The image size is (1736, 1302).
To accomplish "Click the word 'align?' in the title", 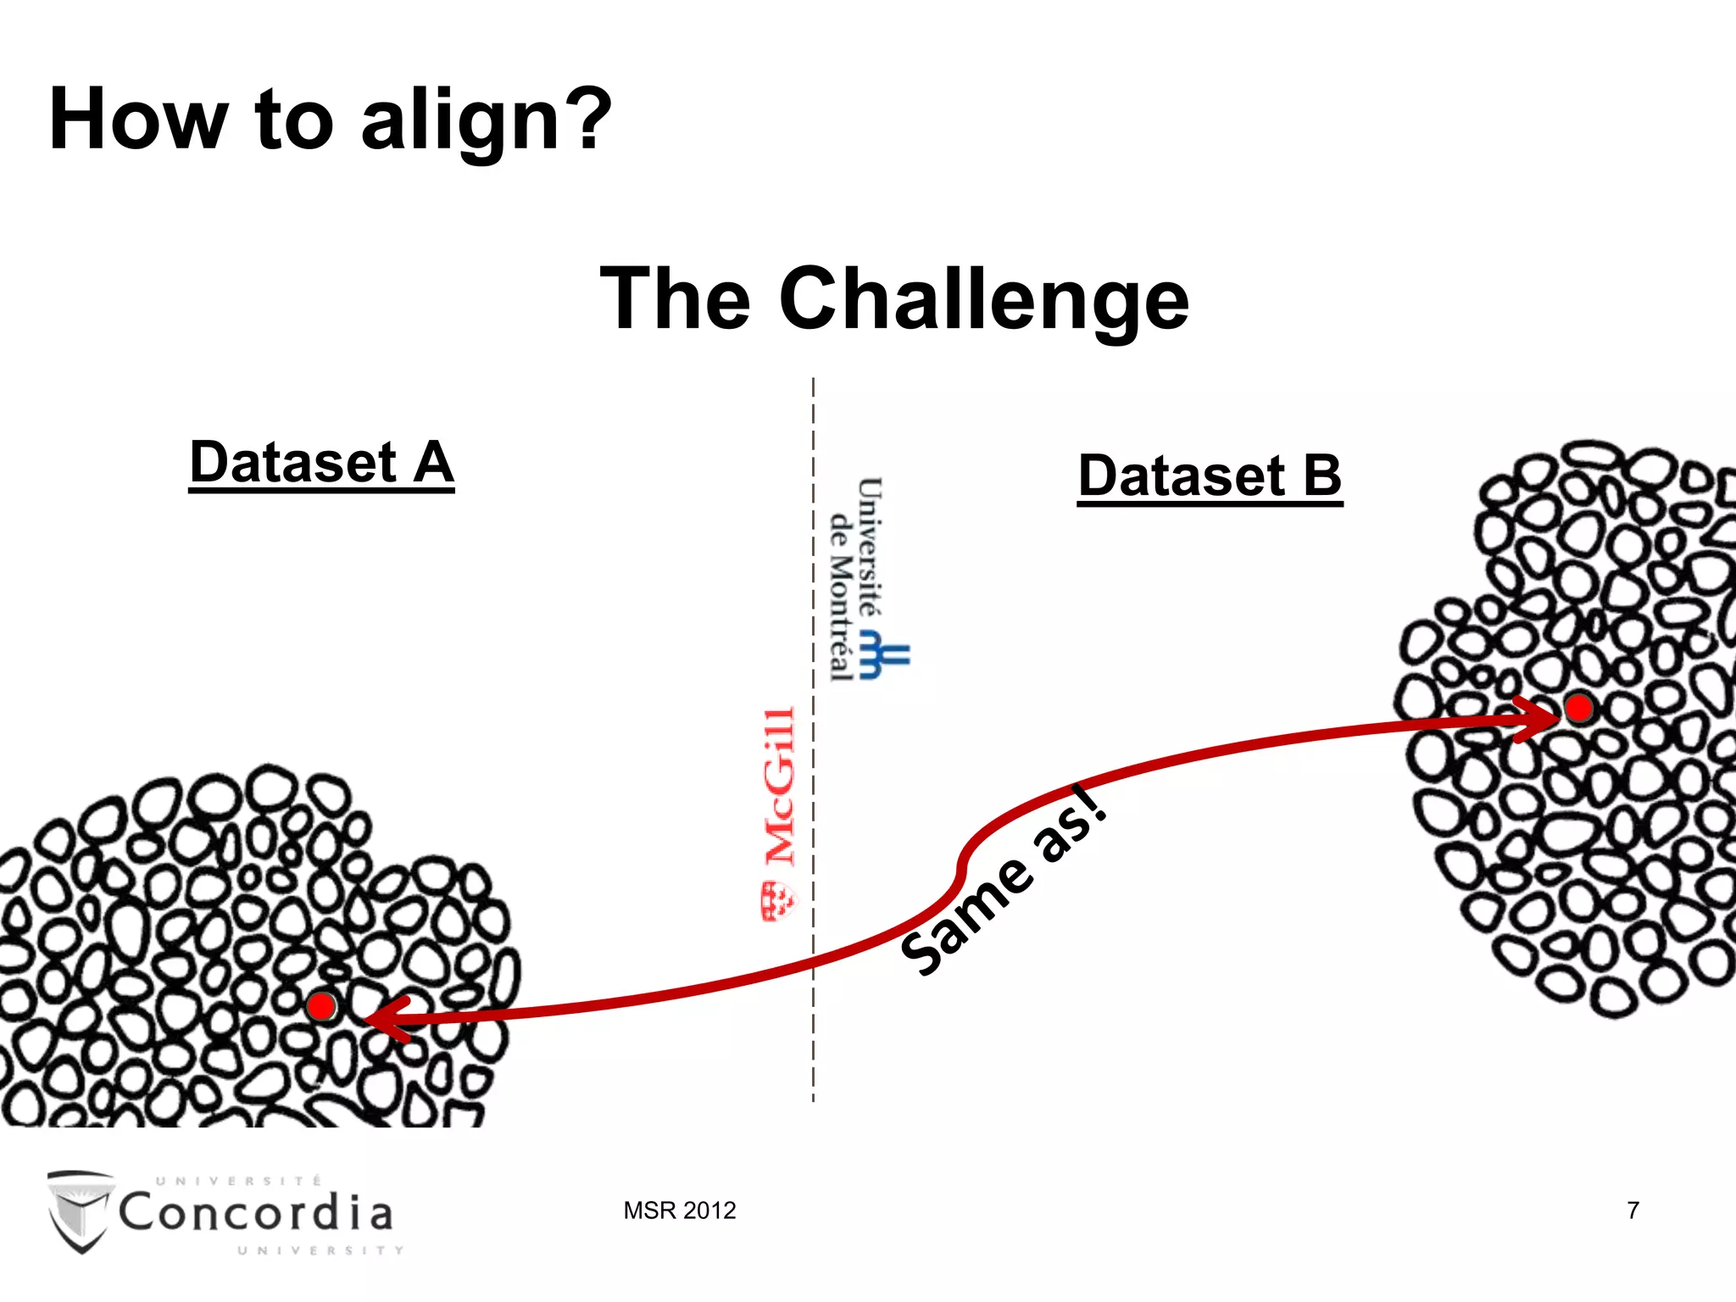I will (485, 120).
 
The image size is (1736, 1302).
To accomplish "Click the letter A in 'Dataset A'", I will (433, 462).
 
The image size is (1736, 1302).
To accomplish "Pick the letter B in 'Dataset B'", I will (1321, 476).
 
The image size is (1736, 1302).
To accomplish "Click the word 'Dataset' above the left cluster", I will (293, 463).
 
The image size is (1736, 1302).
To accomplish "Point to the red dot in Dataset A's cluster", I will (321, 1006).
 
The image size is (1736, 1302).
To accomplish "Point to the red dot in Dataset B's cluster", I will (1578, 708).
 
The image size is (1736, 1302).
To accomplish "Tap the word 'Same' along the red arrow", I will (966, 915).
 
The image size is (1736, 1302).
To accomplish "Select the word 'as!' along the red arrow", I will (1070, 822).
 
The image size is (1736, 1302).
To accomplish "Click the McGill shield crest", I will (777, 901).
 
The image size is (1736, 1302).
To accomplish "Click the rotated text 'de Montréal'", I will (840, 598).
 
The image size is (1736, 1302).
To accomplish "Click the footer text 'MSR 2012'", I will (679, 1210).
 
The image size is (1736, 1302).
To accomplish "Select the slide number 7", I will (1632, 1210).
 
